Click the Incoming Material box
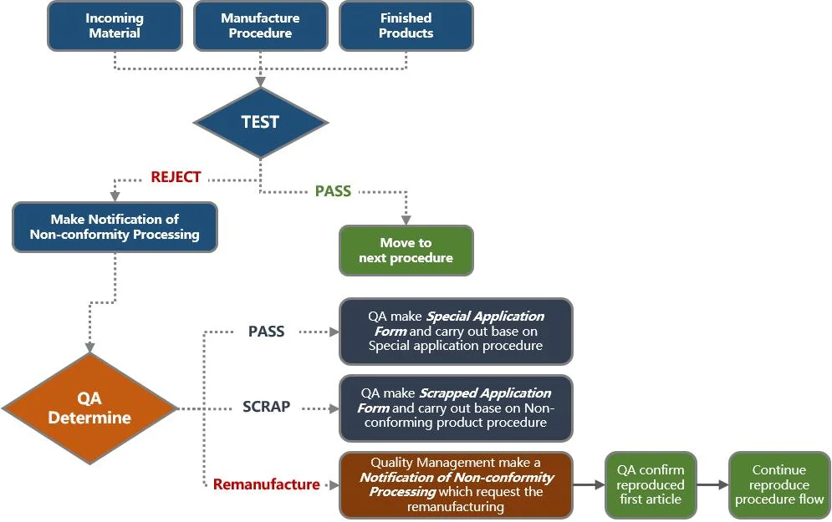115,26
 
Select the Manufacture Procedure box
260,26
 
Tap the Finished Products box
406,26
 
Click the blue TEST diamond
260,122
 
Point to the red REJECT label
176,177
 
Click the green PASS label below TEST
333,191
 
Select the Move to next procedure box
406,251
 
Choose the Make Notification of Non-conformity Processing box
115,227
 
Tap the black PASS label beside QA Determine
266,332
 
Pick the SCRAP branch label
266,407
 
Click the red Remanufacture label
266,484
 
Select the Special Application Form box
456,332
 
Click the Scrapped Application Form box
456,408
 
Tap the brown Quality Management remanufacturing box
456,484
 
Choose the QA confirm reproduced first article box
650,484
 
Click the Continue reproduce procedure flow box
778,484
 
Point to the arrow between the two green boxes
712,484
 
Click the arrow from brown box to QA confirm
589,484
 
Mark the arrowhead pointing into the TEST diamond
260,82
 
